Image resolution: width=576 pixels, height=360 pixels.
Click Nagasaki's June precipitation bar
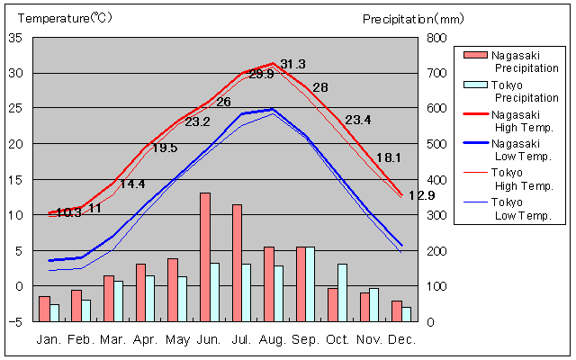pyautogui.click(x=205, y=256)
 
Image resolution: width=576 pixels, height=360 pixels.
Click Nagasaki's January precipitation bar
pyautogui.click(x=44, y=309)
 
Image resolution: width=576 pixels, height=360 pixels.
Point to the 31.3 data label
pyautogui.click(x=292, y=64)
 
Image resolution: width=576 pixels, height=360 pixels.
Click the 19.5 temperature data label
pyautogui.click(x=165, y=148)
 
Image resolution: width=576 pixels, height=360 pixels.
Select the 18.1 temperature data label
pyautogui.click(x=388, y=157)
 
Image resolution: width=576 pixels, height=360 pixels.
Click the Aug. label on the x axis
pyautogui.click(x=274, y=339)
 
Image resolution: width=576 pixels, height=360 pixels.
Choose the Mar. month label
pyautogui.click(x=113, y=339)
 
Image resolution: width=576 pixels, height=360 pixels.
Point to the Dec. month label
pyautogui.click(x=402, y=339)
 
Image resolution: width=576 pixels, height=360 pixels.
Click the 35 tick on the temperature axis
pyautogui.click(x=15, y=38)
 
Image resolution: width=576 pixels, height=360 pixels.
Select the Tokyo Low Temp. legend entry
pyautogui.click(x=517, y=208)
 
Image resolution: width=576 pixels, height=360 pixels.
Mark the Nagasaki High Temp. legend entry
pyautogui.click(x=517, y=120)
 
